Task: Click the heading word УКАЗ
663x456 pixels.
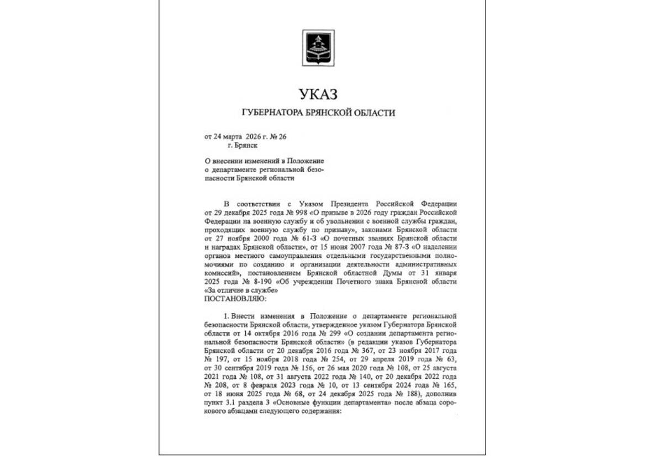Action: click(x=318, y=94)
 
